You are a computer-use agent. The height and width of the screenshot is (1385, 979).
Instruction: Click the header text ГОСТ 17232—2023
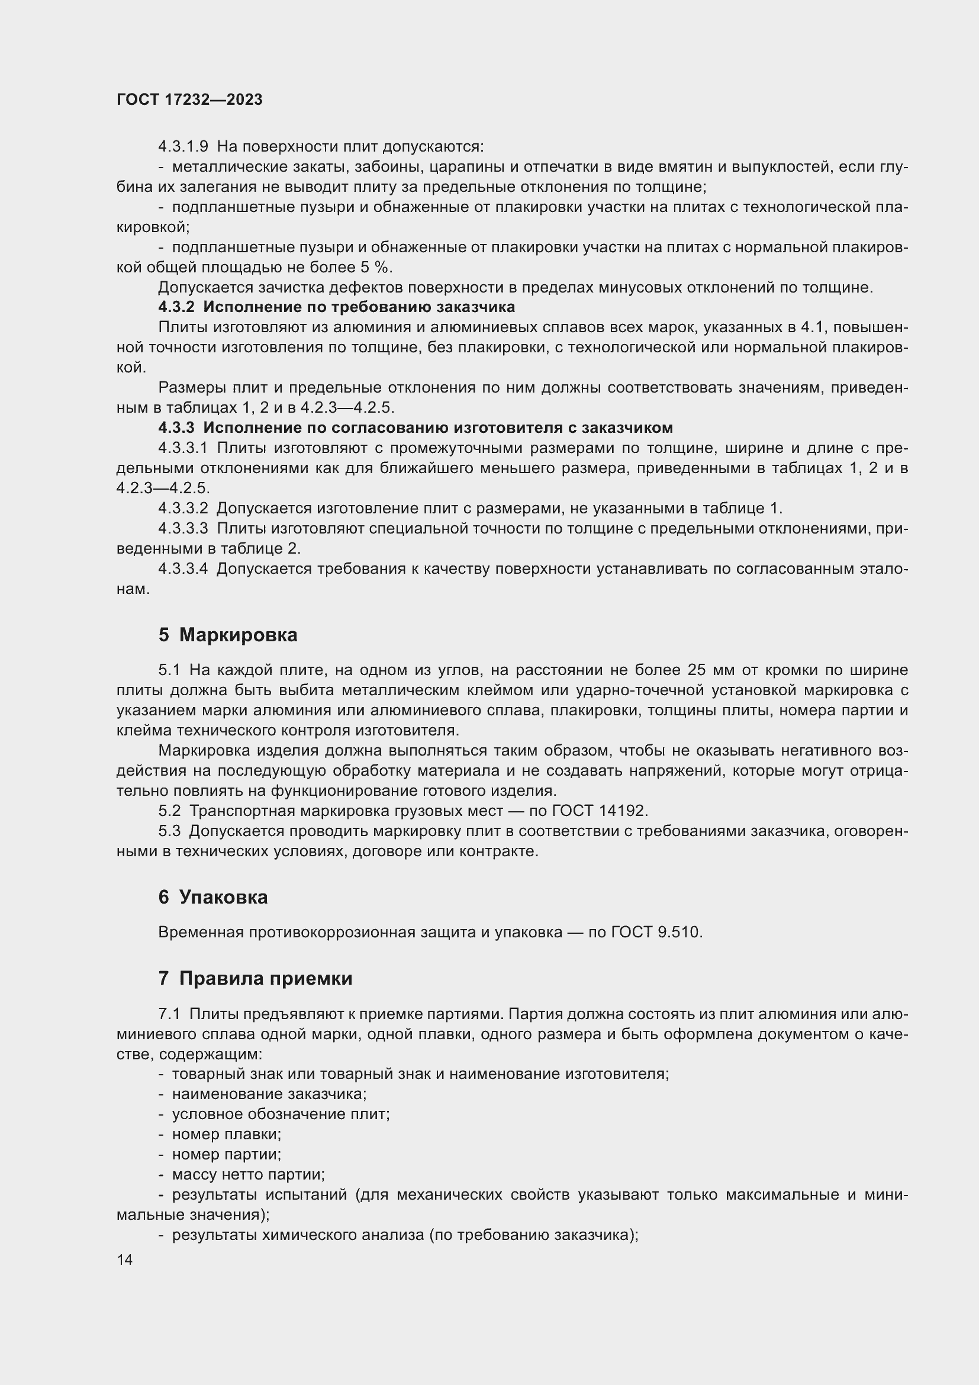click(x=189, y=100)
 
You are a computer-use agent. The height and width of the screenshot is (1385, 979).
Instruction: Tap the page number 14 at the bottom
click(x=124, y=1259)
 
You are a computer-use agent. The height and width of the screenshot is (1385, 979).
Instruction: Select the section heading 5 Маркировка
click(x=228, y=635)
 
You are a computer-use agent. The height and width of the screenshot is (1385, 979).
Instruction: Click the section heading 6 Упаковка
click(x=213, y=897)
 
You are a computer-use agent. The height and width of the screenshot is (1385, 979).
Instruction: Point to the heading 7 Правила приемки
click(x=255, y=978)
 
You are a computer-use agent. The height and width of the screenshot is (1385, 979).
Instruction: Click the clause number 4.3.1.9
click(x=183, y=147)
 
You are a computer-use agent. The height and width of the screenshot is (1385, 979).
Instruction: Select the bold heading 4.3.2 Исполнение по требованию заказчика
click(x=336, y=307)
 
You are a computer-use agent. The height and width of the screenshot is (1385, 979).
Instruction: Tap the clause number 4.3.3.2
click(x=183, y=509)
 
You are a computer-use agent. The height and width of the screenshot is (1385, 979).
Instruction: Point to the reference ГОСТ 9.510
click(x=656, y=932)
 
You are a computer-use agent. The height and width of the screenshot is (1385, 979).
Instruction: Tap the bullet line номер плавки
click(x=226, y=1134)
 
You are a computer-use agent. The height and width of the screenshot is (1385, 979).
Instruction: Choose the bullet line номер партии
click(x=226, y=1154)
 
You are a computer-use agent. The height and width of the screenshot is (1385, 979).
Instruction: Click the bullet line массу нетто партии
click(x=248, y=1174)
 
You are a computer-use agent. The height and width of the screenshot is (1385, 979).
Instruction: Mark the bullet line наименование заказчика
click(x=269, y=1094)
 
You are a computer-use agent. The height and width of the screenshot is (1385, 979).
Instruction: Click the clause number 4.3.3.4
click(x=183, y=569)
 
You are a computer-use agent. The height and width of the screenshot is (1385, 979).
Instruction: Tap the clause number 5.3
click(x=169, y=831)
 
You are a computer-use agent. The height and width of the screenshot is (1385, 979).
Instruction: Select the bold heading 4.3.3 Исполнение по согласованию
click(x=416, y=428)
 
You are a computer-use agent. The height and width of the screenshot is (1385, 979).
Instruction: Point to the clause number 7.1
click(x=169, y=1013)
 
